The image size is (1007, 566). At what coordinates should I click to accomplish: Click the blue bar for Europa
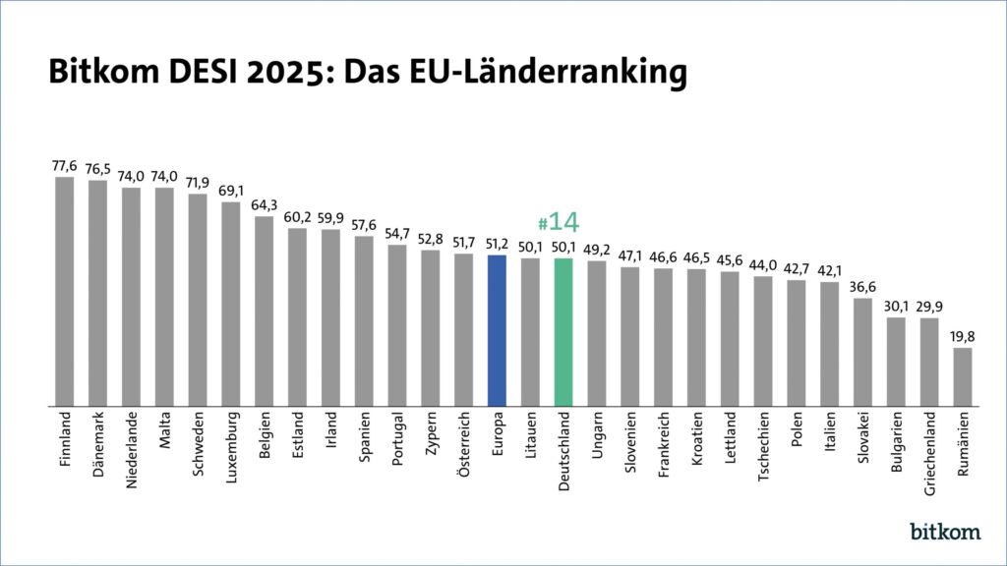point(497,330)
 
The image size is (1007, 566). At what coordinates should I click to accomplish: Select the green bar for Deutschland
point(563,332)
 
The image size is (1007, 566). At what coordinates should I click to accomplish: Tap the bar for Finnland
point(65,291)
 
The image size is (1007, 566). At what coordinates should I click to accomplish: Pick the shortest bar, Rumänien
point(963,376)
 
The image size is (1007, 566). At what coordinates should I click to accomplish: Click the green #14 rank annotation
point(560,222)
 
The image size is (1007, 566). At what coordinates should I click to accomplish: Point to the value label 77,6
point(65,166)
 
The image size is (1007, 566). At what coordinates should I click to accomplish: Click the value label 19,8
point(963,337)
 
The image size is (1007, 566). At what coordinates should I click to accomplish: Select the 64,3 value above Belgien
point(265,205)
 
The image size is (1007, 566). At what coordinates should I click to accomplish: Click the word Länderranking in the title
point(580,73)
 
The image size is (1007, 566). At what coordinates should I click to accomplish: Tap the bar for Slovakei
point(862,352)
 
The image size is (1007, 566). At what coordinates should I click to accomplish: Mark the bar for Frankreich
point(663,336)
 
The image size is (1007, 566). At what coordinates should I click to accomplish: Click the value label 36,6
point(862,287)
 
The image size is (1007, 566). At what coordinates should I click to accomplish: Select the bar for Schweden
point(198,300)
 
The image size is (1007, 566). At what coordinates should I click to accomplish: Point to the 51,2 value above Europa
point(497,245)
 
